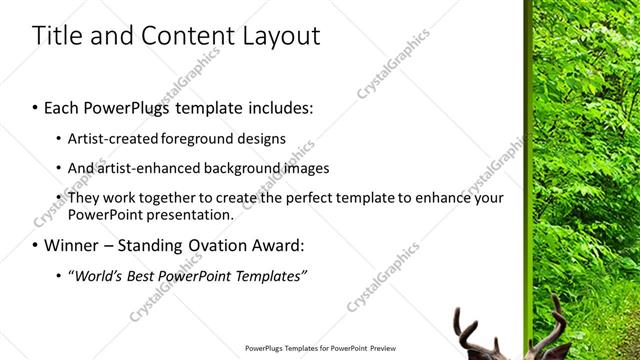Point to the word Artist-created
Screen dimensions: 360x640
point(111,138)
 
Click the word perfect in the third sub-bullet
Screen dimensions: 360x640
point(310,198)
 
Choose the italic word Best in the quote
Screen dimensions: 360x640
point(140,275)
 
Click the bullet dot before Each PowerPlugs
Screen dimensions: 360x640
point(36,108)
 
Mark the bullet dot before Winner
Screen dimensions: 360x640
point(36,245)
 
